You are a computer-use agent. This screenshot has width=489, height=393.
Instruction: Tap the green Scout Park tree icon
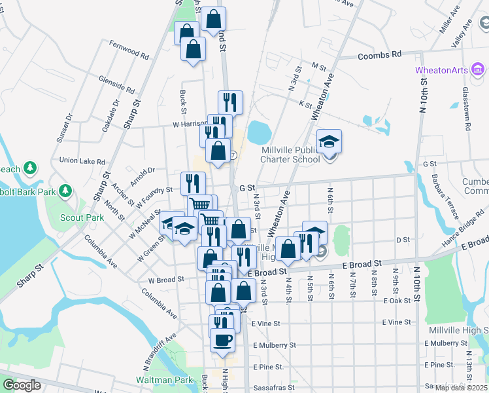coord(65,191)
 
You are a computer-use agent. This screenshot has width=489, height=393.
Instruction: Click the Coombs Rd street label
coord(379,56)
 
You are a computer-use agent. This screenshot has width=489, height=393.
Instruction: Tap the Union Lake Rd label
coord(82,160)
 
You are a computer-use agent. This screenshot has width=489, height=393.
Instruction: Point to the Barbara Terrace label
coord(435,191)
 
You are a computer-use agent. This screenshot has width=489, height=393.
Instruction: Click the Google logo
coord(22,385)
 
